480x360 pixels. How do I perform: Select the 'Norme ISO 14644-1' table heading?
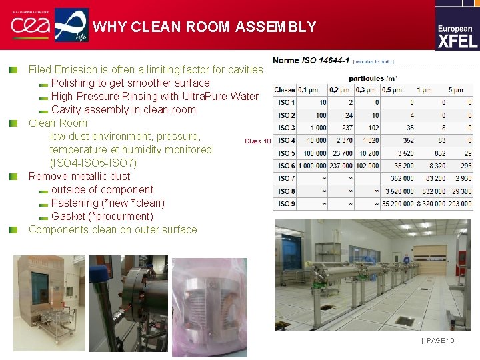click(x=311, y=60)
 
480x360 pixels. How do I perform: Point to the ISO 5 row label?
click(x=286, y=153)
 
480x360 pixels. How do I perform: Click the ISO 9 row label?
click(x=286, y=204)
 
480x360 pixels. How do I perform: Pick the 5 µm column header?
click(x=456, y=89)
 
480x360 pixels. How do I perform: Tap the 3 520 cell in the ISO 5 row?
click(x=403, y=153)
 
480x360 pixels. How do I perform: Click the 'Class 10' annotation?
click(x=257, y=141)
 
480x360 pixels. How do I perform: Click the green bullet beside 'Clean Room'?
click(x=13, y=123)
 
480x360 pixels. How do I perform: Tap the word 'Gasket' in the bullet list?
click(x=69, y=216)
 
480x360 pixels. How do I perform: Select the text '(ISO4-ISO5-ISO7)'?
click(x=93, y=163)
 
